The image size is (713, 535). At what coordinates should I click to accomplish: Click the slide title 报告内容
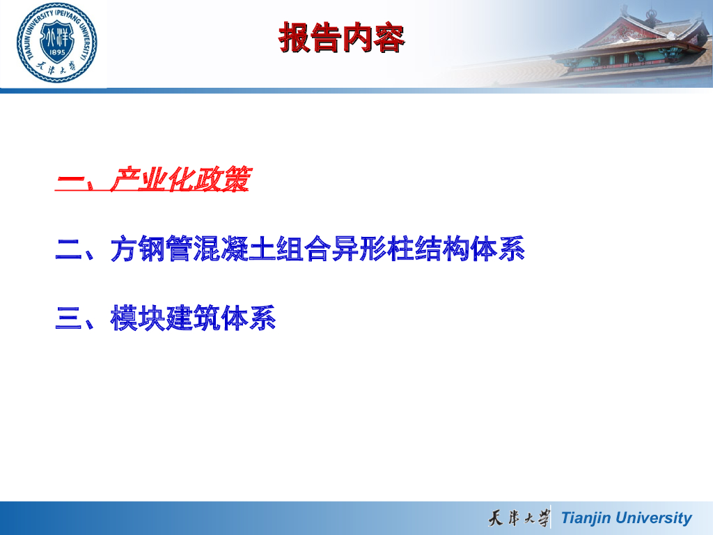pyautogui.click(x=341, y=38)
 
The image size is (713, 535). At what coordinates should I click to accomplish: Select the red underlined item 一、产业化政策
pyautogui.click(x=153, y=179)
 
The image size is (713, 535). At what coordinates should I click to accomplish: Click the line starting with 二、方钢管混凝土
pyautogui.click(x=290, y=249)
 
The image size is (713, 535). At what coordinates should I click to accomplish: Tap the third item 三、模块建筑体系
pyautogui.click(x=166, y=318)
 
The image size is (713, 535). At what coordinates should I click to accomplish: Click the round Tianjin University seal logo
pyautogui.click(x=57, y=42)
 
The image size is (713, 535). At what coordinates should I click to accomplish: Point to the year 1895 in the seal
pyautogui.click(x=57, y=52)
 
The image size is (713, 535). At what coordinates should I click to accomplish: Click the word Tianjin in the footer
pyautogui.click(x=586, y=518)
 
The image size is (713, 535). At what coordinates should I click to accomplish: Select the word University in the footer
pyautogui.click(x=653, y=518)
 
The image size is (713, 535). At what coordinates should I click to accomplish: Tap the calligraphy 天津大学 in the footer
pyautogui.click(x=519, y=518)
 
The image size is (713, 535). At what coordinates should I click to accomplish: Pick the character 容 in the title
pyautogui.click(x=389, y=38)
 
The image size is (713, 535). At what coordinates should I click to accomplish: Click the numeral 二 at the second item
pyautogui.click(x=68, y=249)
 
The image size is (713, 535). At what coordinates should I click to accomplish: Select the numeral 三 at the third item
pyautogui.click(x=68, y=318)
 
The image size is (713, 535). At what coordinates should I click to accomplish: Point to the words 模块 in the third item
pyautogui.click(x=137, y=318)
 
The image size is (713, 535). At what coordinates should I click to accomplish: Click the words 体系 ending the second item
pyautogui.click(x=498, y=249)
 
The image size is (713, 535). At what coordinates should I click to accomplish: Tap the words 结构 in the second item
pyautogui.click(x=442, y=249)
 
